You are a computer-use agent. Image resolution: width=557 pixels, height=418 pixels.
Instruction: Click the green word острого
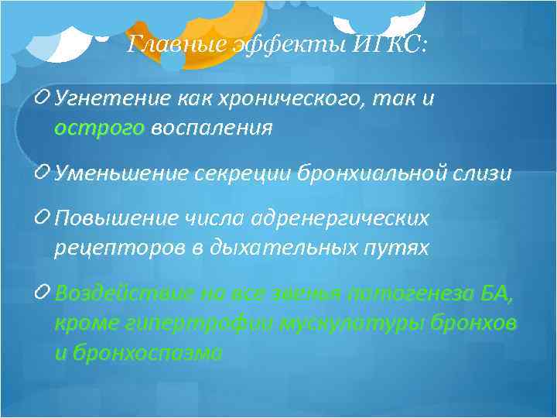pyautogui.click(x=100, y=128)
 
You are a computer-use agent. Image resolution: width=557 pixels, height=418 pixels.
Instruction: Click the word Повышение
pyautogui.click(x=111, y=220)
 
